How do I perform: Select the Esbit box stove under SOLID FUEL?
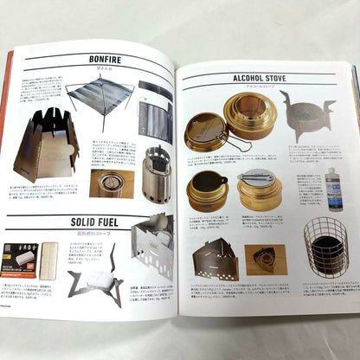point(154,248)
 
